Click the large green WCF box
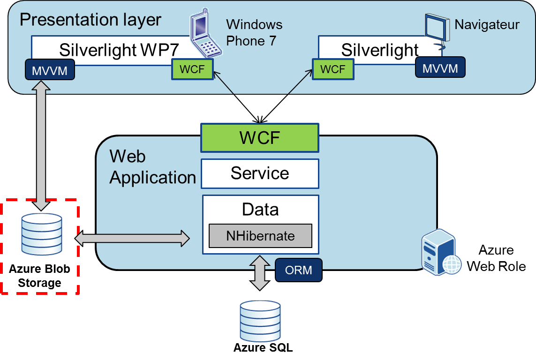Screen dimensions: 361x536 click(x=260, y=138)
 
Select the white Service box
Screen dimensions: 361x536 click(x=260, y=173)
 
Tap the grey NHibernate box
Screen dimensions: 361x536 click(x=260, y=236)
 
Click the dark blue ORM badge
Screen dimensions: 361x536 click(x=299, y=271)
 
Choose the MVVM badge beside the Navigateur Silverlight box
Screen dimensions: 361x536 click(x=440, y=68)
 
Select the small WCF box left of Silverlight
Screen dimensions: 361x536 click(x=332, y=69)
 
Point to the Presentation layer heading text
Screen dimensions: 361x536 click(x=91, y=20)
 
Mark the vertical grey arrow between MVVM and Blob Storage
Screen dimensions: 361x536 click(x=42, y=145)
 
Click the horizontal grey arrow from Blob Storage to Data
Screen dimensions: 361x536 click(x=132, y=238)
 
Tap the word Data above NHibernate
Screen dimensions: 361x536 click(x=260, y=209)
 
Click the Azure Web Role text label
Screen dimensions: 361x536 click(x=496, y=258)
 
